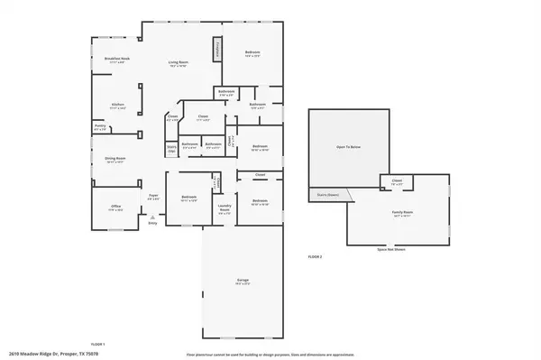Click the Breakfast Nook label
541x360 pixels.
point(117,60)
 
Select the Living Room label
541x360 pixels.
point(177,64)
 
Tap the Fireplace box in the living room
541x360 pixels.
point(216,50)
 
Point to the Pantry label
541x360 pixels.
point(100,128)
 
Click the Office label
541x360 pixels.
point(115,207)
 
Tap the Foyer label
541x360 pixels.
point(153,195)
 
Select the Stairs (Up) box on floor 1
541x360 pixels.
point(171,149)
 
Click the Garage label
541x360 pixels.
point(242,281)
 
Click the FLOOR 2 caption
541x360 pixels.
point(315,258)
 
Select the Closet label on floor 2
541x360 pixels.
point(397,182)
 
